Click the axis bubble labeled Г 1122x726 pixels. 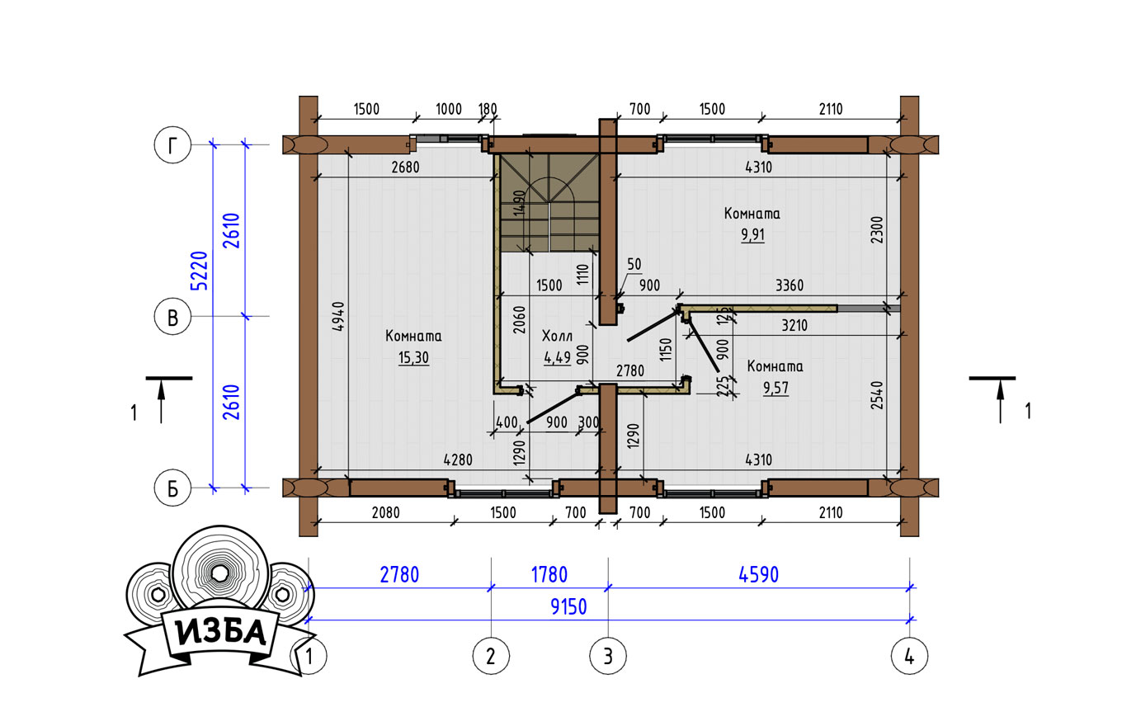(172, 145)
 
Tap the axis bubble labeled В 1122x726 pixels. (172, 317)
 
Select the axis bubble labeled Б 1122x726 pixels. (172, 488)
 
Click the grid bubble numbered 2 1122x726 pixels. (491, 656)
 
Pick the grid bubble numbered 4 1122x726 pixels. (910, 656)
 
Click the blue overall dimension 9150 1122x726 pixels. (568, 607)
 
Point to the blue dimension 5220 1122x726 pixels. (200, 271)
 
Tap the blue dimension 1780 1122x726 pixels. (549, 575)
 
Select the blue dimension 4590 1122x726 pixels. (759, 575)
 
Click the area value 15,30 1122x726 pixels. (414, 358)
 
